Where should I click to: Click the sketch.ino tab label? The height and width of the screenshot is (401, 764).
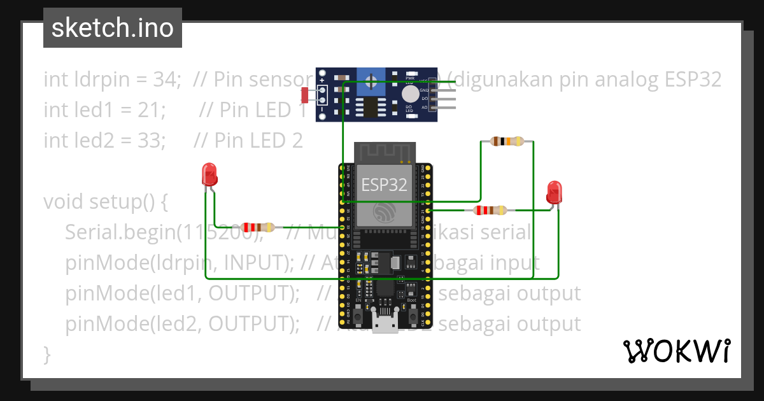pyautogui.click(x=113, y=28)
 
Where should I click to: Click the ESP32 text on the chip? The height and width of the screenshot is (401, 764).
pyautogui.click(x=384, y=185)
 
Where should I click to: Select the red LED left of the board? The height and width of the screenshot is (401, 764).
pyautogui.click(x=208, y=174)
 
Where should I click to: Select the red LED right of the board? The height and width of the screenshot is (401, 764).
pyautogui.click(x=554, y=192)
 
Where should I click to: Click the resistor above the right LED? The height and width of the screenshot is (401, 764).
pyautogui.click(x=507, y=141)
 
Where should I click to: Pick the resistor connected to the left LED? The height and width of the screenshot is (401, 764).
pyautogui.click(x=258, y=227)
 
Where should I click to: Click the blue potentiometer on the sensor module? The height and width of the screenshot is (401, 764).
pyautogui.click(x=371, y=80)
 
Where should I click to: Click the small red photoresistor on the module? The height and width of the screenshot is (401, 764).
pyautogui.click(x=304, y=95)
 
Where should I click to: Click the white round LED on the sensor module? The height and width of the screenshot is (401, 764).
pyautogui.click(x=411, y=94)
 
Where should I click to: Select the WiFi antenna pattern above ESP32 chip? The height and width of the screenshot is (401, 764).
pyautogui.click(x=385, y=152)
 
